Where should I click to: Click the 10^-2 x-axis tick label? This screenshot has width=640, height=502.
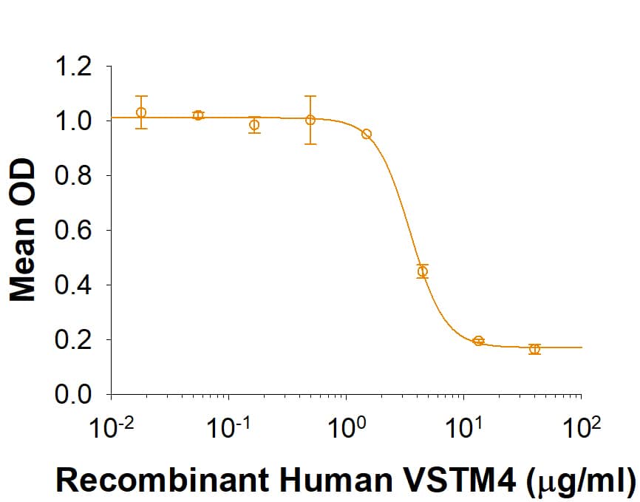point(110,428)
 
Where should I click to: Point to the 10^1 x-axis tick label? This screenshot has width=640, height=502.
point(463,428)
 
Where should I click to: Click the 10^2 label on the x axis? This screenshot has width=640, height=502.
point(581,428)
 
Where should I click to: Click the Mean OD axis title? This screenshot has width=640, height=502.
point(24,230)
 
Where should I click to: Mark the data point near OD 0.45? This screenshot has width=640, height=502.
point(422,271)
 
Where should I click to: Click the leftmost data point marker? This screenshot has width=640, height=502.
point(141,112)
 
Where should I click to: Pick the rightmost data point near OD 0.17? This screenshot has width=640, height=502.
point(534,348)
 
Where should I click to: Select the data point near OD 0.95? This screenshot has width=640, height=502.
point(366,134)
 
